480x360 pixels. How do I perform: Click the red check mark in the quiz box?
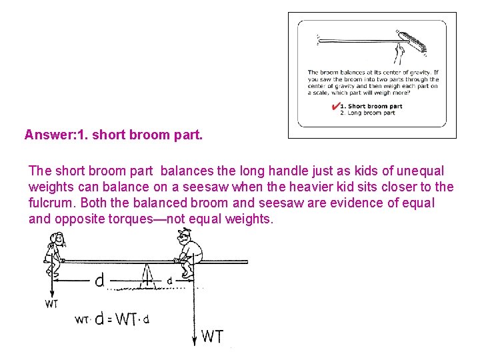tap(334, 107)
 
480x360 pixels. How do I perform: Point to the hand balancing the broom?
tap(399, 52)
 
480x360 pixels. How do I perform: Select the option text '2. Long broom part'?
tap(367, 113)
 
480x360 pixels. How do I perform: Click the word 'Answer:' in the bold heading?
tap(49, 135)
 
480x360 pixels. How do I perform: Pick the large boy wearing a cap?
tap(189, 252)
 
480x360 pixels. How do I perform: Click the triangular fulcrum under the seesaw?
tap(149, 274)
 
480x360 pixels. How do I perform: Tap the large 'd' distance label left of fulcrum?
tap(99, 281)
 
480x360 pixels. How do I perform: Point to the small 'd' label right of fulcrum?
tap(169, 281)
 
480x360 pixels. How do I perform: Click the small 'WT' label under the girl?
tap(51, 304)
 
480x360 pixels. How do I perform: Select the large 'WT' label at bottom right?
tap(212, 337)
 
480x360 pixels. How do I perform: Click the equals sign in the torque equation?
tap(109, 319)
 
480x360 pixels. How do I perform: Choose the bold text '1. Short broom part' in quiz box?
tap(371, 106)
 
